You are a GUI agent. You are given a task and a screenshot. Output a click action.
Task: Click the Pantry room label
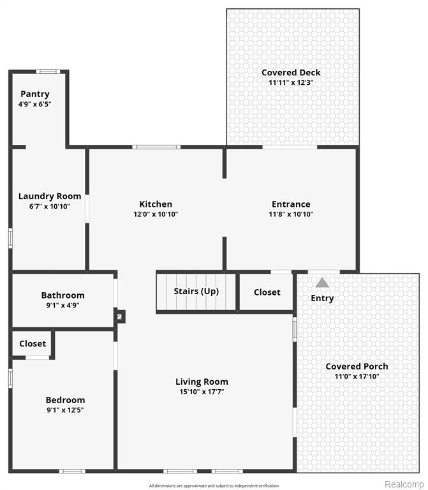tap(35, 94)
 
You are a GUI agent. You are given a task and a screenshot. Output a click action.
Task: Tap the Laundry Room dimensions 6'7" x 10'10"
tap(50, 206)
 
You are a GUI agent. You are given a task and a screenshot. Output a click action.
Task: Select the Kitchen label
tap(156, 204)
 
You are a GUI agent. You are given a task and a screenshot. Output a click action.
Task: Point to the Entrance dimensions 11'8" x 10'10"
tap(291, 214)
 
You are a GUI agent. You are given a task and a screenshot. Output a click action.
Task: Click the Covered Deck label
tap(291, 73)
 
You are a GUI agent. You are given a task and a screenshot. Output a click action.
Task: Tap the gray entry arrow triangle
tap(322, 283)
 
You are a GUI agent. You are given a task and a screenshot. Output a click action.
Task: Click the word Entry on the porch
tap(322, 298)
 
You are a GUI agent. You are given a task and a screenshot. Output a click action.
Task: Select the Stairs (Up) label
tap(196, 291)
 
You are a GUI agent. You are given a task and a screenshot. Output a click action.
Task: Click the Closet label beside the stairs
tap(267, 292)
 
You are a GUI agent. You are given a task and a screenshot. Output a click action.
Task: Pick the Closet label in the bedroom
tap(33, 344)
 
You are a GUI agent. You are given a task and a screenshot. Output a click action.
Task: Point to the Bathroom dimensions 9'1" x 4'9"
tap(63, 306)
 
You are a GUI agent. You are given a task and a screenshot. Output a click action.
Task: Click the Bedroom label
tap(65, 400)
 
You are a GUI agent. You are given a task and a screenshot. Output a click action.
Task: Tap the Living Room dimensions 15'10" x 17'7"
tap(202, 392)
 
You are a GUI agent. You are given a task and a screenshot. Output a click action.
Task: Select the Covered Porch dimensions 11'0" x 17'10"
tap(357, 376)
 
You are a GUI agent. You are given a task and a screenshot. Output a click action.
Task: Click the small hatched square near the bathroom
tap(119, 316)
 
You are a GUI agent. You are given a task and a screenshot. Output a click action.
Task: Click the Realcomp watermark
tap(404, 484)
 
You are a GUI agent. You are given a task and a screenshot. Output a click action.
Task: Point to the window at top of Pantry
tap(48, 71)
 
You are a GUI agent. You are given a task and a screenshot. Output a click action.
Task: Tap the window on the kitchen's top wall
tap(156, 147)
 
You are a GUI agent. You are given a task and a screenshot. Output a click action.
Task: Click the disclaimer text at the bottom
tap(214, 486)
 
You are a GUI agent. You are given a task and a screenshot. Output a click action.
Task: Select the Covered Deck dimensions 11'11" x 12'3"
tap(291, 82)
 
